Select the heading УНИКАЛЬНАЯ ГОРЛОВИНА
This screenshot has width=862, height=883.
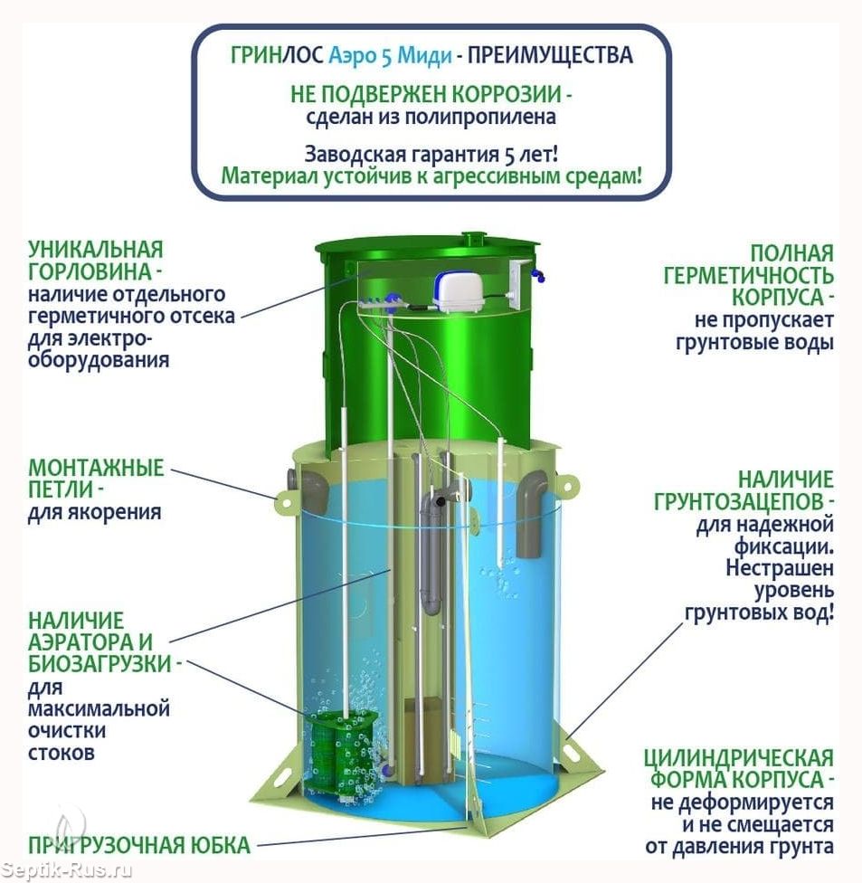pos(95,261)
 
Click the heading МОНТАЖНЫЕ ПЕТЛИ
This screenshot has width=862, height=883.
pos(95,479)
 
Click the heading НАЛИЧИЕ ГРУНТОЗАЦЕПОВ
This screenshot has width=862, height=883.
pos(756,489)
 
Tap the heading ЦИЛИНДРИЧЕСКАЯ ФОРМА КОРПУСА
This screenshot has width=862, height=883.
pos(739,768)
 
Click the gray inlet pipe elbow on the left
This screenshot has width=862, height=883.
pos(310,489)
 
